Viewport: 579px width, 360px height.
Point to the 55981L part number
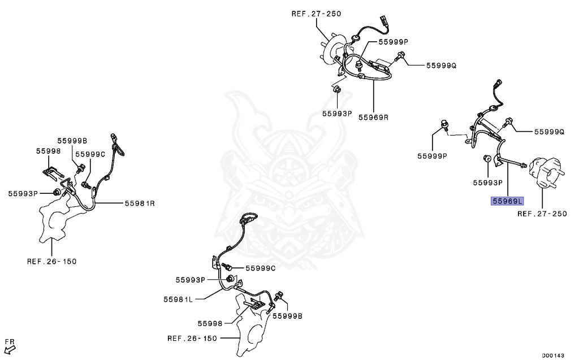[x=179, y=299]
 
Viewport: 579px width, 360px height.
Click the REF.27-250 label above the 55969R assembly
[x=317, y=13]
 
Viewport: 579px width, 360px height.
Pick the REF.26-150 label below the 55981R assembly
[x=51, y=261]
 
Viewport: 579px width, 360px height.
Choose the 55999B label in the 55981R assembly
[x=72, y=140]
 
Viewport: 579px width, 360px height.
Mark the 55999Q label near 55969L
[x=550, y=132]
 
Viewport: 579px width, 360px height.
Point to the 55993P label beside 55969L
[x=488, y=183]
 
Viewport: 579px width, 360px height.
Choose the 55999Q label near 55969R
[x=441, y=65]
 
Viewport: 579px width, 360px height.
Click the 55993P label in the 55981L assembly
[x=190, y=279]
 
